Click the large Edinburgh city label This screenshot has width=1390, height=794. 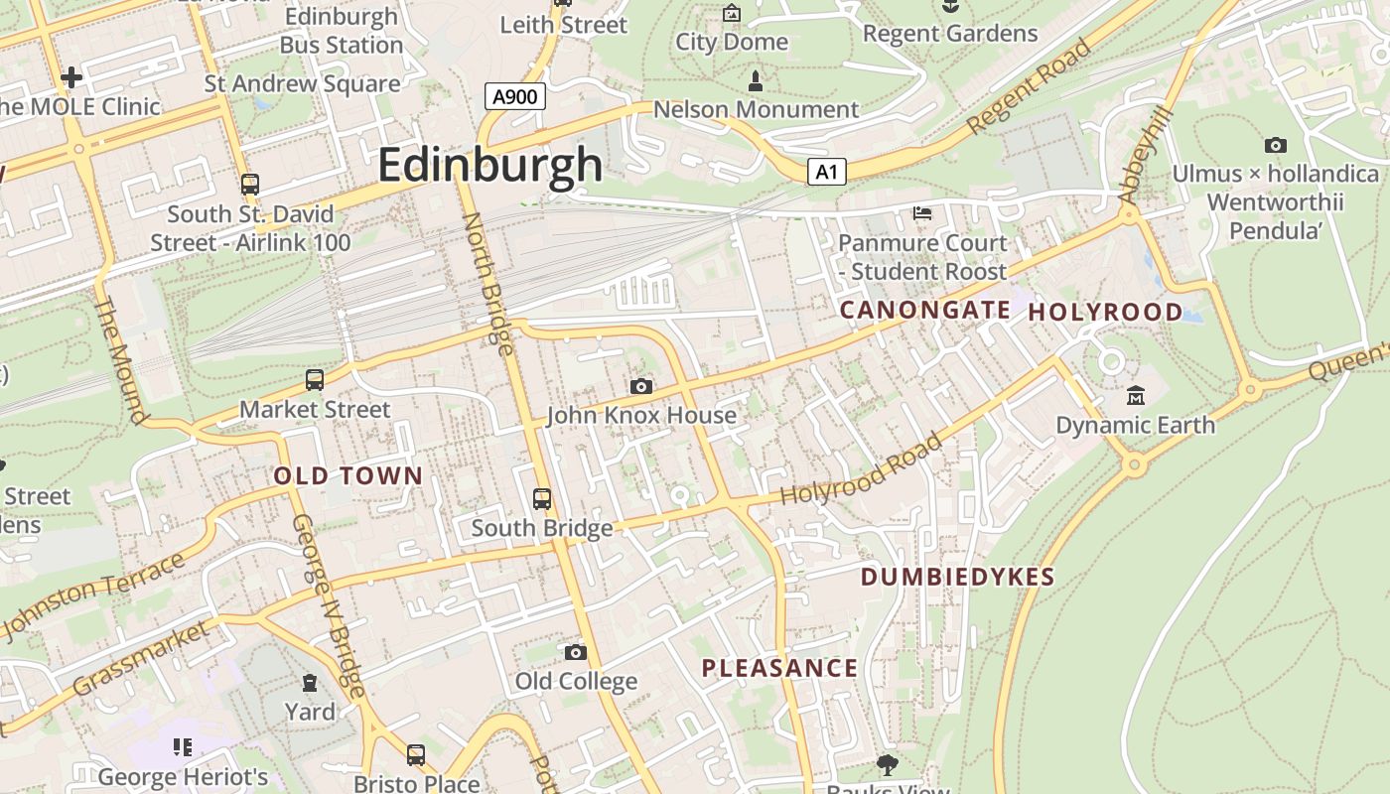pos(489,165)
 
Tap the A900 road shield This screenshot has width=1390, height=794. pos(515,96)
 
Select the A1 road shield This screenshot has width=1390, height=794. pos(826,173)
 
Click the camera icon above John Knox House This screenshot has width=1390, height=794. pos(641,386)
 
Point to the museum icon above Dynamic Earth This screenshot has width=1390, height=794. pos(1136,396)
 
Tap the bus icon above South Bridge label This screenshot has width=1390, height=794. pos(542,499)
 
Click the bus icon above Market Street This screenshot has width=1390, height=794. pos(315,380)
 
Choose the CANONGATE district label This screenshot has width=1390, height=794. pos(924,311)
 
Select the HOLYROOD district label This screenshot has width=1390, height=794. pos(1105,313)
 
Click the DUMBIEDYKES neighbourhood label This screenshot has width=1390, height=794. pos(957,578)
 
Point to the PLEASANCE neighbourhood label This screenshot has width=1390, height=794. pos(779,668)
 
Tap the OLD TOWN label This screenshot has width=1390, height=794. pos(348,476)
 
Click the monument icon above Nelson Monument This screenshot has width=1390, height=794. pos(756,80)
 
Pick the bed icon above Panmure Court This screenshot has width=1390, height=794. pos(922,213)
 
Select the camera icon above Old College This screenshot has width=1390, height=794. pos(575,652)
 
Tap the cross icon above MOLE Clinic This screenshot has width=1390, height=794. pos(71,76)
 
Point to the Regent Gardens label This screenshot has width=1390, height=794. pos(949,34)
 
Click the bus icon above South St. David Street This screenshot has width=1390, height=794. pos(250,185)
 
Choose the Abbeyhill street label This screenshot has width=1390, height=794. pos(1146,155)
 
